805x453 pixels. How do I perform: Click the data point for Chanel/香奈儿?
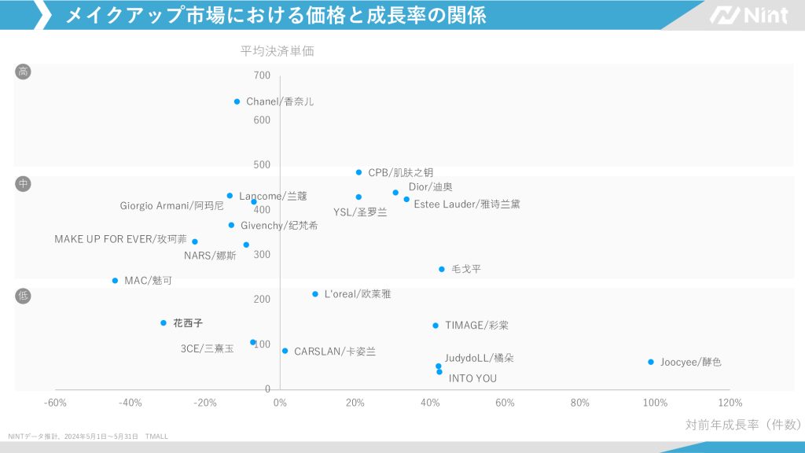(237, 101)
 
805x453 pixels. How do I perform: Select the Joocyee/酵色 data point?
(651, 362)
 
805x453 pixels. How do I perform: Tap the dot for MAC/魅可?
(115, 281)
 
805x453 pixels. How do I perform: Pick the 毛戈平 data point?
(442, 269)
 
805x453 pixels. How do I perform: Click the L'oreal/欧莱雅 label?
(358, 294)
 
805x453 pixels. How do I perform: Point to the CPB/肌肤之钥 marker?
(359, 172)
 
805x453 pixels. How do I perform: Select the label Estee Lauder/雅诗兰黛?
(467, 204)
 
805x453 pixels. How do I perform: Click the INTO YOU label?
(472, 378)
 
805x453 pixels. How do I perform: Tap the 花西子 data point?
(164, 323)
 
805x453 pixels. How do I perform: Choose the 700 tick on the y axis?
(262, 75)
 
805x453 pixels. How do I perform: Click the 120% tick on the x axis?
(730, 403)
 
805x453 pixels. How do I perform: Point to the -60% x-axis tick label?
(55, 403)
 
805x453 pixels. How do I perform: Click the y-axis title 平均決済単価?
(278, 51)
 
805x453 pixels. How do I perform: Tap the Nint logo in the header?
(749, 15)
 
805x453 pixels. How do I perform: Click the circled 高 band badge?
(24, 72)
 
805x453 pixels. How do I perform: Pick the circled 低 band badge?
(24, 296)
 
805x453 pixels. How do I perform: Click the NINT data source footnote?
(88, 436)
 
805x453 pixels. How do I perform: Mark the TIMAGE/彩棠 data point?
(436, 326)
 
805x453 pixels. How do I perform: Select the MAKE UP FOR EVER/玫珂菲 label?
(120, 239)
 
